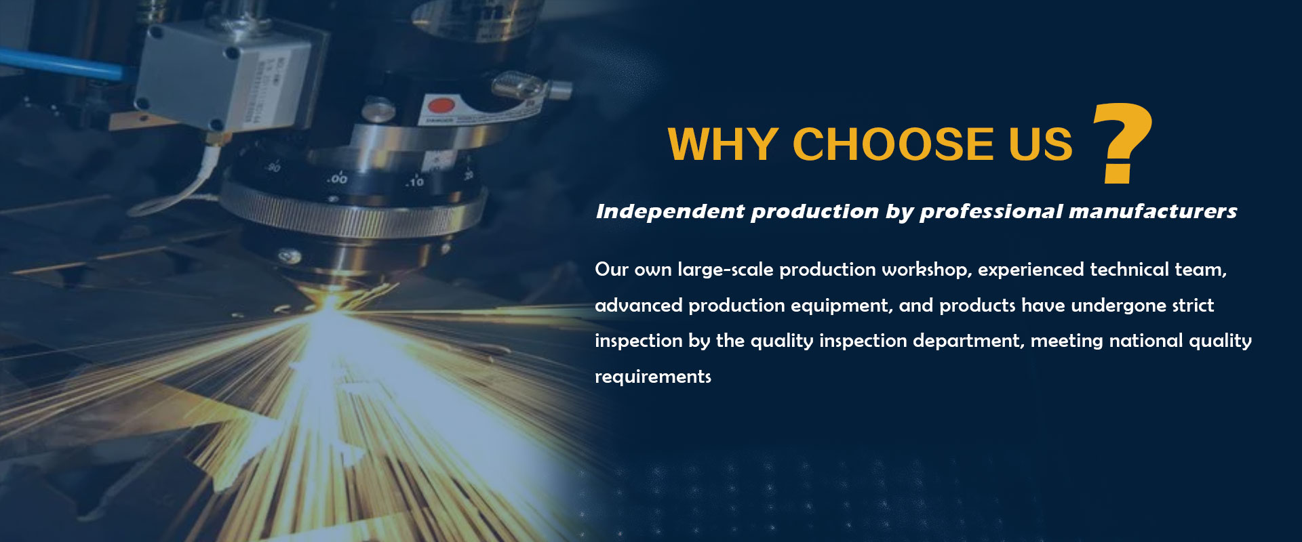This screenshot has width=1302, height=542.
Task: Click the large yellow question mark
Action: tap(1122, 143)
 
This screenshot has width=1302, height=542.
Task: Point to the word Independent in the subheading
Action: tap(670, 211)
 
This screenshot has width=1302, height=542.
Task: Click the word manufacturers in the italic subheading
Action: tap(1153, 211)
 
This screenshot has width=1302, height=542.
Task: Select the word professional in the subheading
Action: tap(991, 212)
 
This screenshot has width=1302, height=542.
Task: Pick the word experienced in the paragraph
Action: tap(1031, 270)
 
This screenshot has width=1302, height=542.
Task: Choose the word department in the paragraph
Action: tap(968, 341)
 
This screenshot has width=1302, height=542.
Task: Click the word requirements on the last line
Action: tap(653, 377)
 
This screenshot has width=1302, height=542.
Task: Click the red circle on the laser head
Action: tap(441, 107)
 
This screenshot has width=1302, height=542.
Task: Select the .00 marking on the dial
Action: tap(337, 178)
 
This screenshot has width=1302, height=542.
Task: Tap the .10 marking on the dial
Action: tap(414, 181)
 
